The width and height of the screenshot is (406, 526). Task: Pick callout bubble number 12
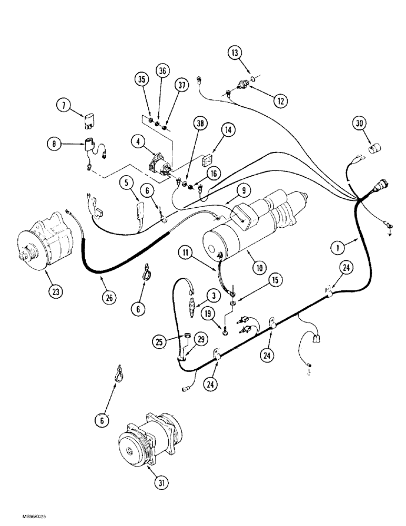(x=280, y=99)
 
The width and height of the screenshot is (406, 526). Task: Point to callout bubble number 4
(x=138, y=141)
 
